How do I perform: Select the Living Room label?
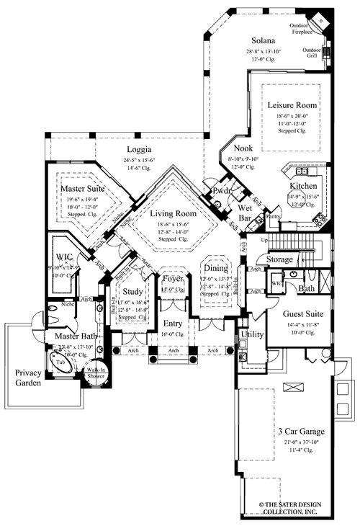pos(173,213)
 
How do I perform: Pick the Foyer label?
pos(173,278)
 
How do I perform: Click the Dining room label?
pos(215,268)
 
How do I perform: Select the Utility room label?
pos(251,334)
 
